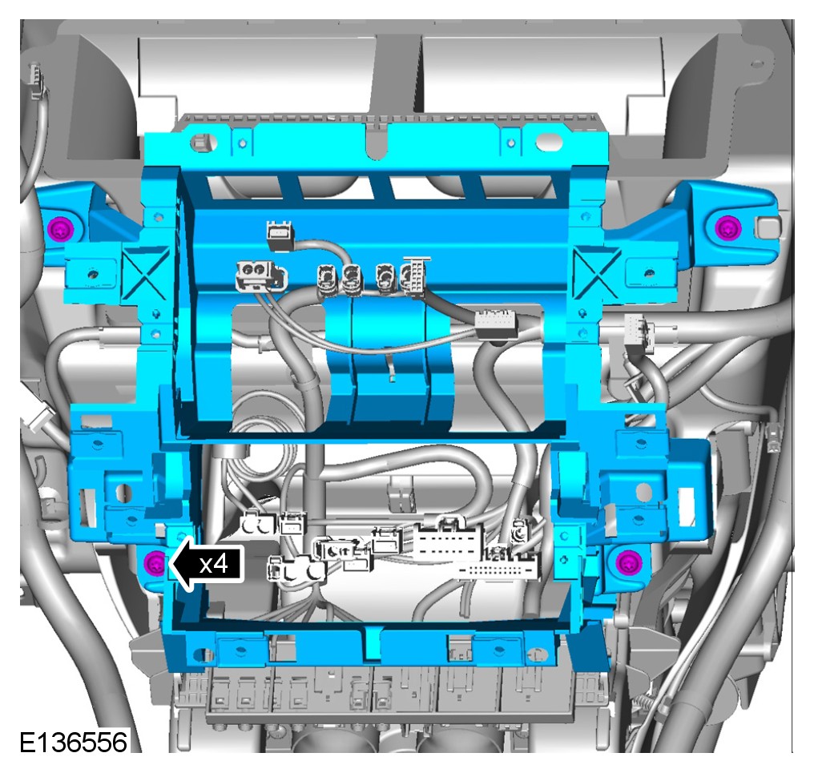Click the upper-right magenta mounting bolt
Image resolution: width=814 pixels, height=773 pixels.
pyautogui.click(x=727, y=227)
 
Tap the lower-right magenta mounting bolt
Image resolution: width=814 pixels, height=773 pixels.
pyautogui.click(x=628, y=562)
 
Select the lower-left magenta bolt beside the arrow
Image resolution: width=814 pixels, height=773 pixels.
pyautogui.click(x=154, y=562)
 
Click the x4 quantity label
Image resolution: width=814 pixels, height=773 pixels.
pyautogui.click(x=214, y=564)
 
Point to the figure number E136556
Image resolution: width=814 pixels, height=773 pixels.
pyautogui.click(x=73, y=743)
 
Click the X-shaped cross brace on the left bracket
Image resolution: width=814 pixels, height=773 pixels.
pyautogui.click(x=145, y=274)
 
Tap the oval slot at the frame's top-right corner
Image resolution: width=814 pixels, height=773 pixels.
pyautogui.click(x=550, y=141)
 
